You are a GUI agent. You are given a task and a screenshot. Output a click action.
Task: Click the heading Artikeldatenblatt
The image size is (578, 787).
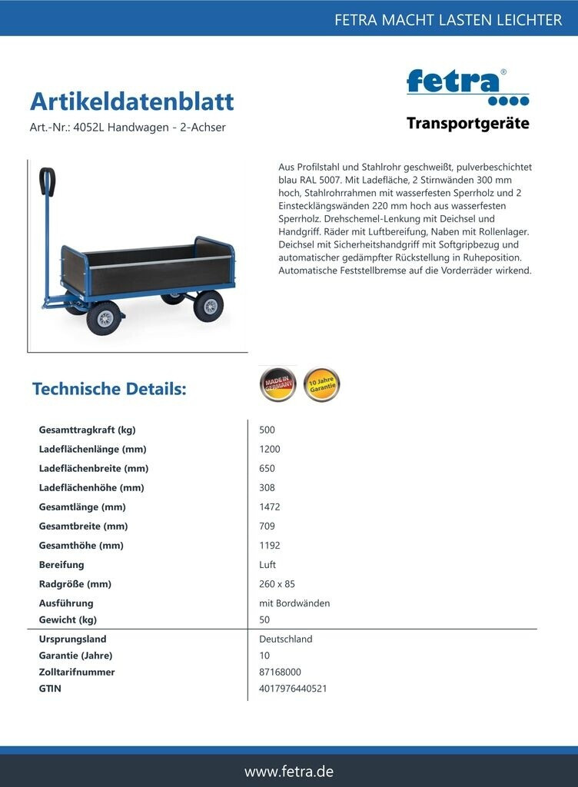pyautogui.click(x=131, y=101)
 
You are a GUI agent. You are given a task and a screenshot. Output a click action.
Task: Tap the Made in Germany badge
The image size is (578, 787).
pyautogui.click(x=277, y=384)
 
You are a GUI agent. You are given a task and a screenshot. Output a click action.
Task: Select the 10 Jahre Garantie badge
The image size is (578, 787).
pyautogui.click(x=321, y=384)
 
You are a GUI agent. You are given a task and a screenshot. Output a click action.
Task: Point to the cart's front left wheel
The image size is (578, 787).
pyautogui.click(x=104, y=317)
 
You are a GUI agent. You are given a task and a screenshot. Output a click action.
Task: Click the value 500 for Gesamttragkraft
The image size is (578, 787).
pyautogui.click(x=267, y=430)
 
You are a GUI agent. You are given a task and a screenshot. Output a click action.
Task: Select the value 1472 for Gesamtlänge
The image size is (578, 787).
pyautogui.click(x=270, y=506)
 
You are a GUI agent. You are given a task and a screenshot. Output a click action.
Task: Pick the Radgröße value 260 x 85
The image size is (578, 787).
pyautogui.click(x=277, y=583)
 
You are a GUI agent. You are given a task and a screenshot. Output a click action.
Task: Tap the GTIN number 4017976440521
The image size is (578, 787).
pyautogui.click(x=293, y=689)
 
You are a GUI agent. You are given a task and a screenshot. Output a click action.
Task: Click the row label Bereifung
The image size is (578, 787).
pyautogui.click(x=61, y=564)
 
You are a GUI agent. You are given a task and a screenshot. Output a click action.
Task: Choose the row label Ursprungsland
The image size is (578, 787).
pyautogui.click(x=72, y=639)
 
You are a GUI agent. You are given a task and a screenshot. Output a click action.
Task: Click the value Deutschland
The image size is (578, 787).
pyautogui.click(x=286, y=639)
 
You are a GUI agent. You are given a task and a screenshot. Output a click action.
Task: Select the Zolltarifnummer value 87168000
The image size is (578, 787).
pyautogui.click(x=280, y=672)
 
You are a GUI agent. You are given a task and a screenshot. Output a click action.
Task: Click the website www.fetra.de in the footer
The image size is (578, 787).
pyautogui.click(x=289, y=771)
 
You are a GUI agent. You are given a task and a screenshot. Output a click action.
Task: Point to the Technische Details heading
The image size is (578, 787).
pyautogui.click(x=109, y=389)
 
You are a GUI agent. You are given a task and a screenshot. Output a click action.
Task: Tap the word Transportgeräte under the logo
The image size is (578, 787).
pyautogui.click(x=467, y=124)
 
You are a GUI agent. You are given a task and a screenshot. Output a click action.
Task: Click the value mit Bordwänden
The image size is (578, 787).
pyautogui.click(x=294, y=603)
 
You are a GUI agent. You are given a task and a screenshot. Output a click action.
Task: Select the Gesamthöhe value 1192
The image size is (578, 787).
pyautogui.click(x=270, y=545)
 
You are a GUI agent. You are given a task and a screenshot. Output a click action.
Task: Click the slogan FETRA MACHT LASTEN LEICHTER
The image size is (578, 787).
pyautogui.click(x=448, y=20)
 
